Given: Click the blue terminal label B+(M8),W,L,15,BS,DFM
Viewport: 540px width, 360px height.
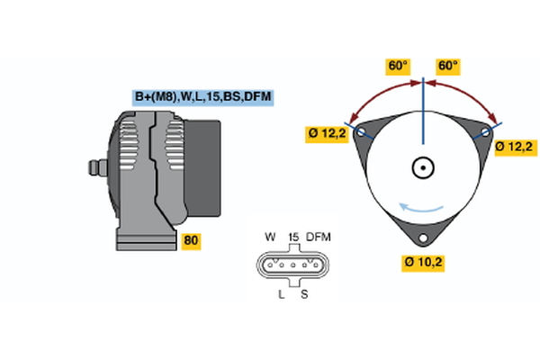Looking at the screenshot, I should click(x=202, y=96).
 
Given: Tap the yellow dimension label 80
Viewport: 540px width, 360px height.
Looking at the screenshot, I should click(x=191, y=240).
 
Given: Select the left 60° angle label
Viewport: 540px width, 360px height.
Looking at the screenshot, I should click(x=399, y=66).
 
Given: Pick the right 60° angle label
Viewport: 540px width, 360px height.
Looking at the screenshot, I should click(x=447, y=66).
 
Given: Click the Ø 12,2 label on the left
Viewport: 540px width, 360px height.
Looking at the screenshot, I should click(x=327, y=134).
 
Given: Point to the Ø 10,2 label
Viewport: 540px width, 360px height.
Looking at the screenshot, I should click(x=423, y=262).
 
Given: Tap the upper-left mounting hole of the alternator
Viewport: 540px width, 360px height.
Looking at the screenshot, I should click(x=362, y=133).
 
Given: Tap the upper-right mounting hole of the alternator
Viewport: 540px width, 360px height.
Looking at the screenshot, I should click(x=484, y=132).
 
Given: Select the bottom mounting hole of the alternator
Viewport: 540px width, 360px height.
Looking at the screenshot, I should click(x=423, y=238).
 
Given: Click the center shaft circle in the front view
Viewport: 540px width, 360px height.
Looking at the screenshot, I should click(x=423, y=167).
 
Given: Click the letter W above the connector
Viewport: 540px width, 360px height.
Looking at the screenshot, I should click(x=269, y=237).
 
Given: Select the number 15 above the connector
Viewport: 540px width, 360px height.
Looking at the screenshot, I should click(x=292, y=237).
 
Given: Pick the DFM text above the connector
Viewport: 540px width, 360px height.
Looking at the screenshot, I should click(x=319, y=237).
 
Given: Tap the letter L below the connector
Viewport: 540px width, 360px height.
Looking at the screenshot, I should click(x=281, y=294).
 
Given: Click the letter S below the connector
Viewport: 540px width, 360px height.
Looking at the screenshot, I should click(x=303, y=294).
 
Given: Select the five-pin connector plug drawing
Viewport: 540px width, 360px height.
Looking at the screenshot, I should click(x=292, y=265).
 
